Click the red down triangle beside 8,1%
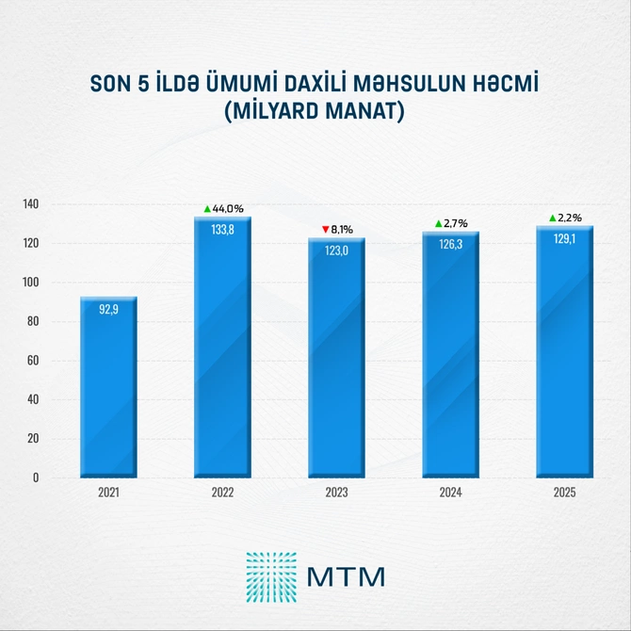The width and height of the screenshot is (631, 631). tap(325, 229)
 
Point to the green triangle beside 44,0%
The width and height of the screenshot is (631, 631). tap(207, 208)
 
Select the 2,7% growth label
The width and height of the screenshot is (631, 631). tap(456, 223)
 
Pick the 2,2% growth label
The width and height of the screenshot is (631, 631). tap(570, 218)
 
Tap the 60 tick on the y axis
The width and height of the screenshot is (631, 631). tap(33, 361)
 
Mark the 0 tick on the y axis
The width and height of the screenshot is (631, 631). tap(36, 477)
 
